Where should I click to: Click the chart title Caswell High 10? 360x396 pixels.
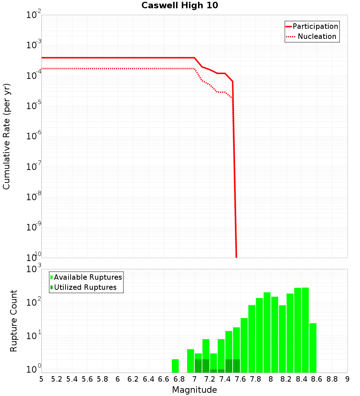(180, 6)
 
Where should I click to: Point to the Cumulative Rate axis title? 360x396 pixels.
(7, 136)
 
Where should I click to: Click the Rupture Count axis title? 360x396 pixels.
(14, 321)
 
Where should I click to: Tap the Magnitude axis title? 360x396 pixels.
(194, 390)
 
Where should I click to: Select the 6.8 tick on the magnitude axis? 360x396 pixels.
(179, 379)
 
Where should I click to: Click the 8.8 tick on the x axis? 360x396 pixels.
(332, 379)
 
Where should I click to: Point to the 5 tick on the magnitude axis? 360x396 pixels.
(41, 379)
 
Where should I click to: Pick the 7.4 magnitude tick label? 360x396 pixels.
(225, 379)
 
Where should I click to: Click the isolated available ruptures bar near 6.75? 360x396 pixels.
(175, 366)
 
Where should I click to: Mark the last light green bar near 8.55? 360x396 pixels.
(313, 348)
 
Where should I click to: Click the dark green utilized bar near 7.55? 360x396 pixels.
(237, 366)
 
